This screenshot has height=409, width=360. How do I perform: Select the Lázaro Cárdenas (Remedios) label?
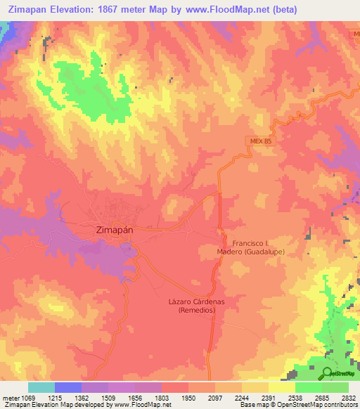click(196, 305)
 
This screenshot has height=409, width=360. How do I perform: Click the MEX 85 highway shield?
click(260, 141)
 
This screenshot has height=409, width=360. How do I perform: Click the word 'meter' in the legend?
click(11, 397)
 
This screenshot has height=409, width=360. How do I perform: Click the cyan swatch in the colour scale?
click(41, 387)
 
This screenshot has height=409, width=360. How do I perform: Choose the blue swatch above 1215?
click(68, 387)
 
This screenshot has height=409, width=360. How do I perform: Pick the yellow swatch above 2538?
click(282, 387)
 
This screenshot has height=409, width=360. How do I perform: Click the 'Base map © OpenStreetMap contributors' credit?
click(298, 405)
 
